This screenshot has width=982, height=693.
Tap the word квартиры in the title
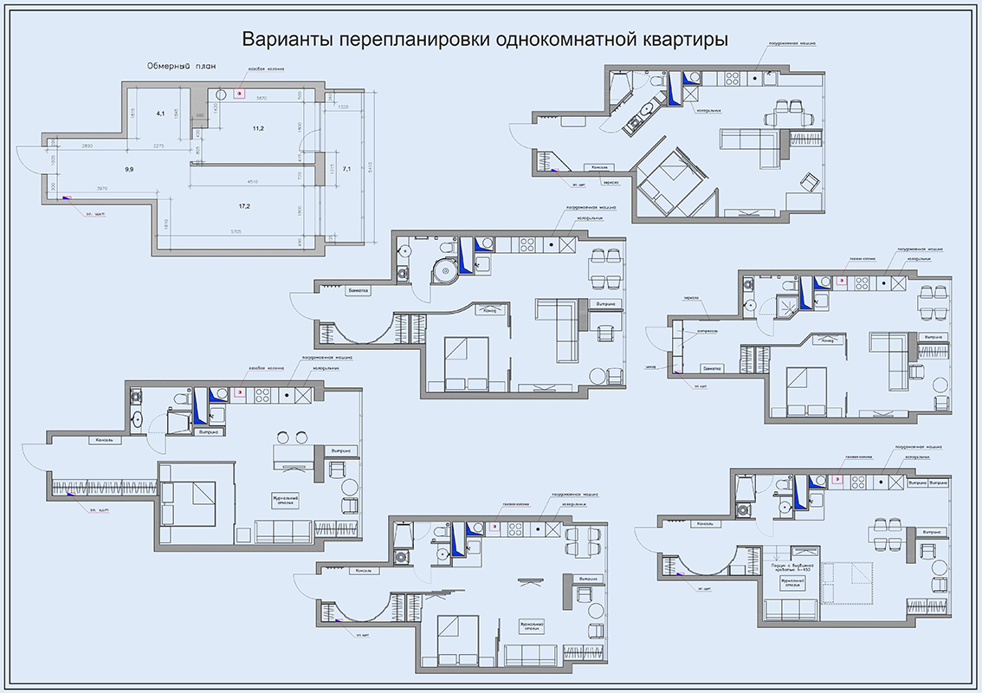point(684,40)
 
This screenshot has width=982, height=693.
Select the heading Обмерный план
point(181,67)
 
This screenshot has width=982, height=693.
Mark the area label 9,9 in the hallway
point(129,170)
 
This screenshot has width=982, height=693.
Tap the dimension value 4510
point(251,181)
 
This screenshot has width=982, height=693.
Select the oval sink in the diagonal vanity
point(644,113)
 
